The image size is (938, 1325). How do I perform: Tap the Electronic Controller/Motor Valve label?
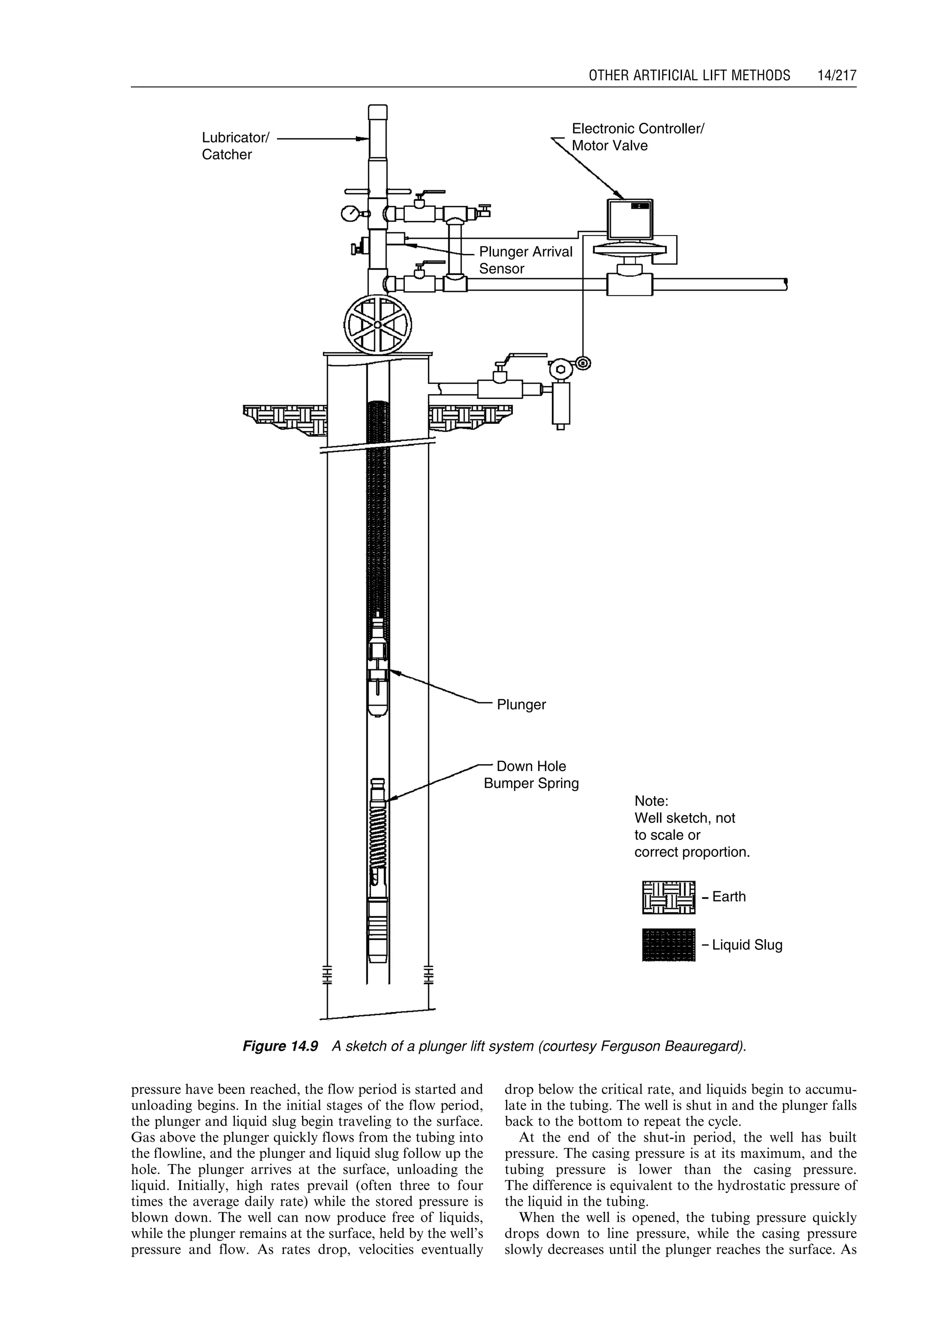pos(637,137)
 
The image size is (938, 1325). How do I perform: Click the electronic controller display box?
pos(630,219)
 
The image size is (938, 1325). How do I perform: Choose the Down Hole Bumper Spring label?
pos(531,775)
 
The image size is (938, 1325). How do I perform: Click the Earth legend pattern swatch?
pos(668,898)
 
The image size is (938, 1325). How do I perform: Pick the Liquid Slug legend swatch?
pos(668,945)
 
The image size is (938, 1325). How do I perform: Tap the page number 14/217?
pos(836,75)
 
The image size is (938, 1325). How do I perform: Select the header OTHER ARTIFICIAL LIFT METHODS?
pos(689,75)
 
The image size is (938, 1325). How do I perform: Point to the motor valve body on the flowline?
pos(630,283)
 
